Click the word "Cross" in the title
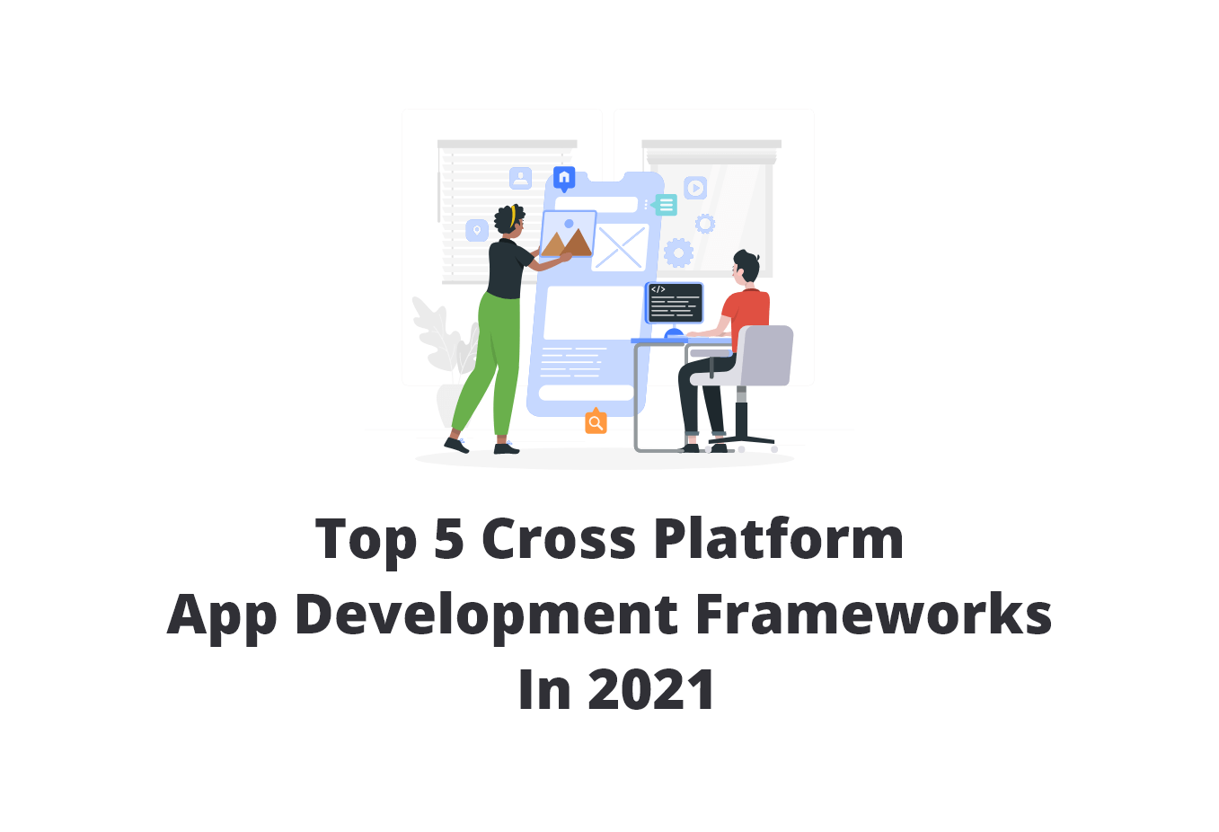559,539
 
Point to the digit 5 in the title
448,539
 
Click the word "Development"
486,616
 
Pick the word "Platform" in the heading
778,539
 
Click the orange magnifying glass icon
596,422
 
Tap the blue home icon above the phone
564,178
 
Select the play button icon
695,188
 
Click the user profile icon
520,178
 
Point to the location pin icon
477,231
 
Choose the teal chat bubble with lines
666,205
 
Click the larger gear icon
678,252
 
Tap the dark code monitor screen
675,303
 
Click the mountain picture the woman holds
567,235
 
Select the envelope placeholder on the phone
620,248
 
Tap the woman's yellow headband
513,217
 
